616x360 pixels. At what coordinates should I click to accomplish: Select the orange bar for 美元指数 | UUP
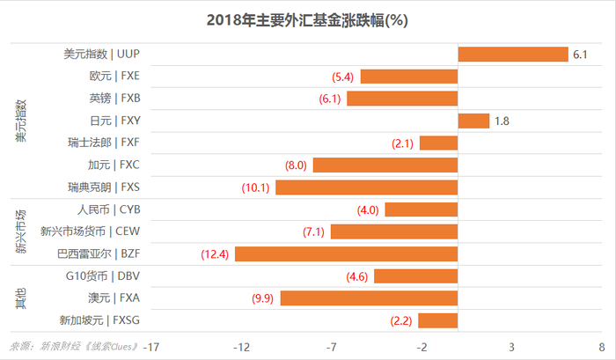[x=513, y=55]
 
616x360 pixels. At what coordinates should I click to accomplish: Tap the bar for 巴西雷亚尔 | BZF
[x=346, y=253]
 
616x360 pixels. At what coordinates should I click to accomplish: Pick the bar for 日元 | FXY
[x=473, y=121]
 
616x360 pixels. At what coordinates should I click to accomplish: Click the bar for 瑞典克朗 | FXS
[x=367, y=187]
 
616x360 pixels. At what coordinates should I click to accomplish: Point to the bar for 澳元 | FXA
[x=369, y=298]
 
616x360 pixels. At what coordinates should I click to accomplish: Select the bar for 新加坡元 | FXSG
[x=438, y=320]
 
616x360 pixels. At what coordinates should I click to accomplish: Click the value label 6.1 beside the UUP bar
[x=580, y=55]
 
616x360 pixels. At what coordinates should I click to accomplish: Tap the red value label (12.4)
[x=215, y=254]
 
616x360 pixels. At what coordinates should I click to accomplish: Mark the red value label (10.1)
[x=256, y=187]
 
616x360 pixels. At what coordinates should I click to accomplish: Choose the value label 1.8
[x=502, y=121]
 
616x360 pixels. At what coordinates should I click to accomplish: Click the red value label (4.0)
[x=367, y=209]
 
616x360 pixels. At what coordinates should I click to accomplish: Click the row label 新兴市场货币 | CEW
[x=90, y=231]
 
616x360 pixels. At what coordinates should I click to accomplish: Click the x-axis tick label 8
[x=601, y=346]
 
